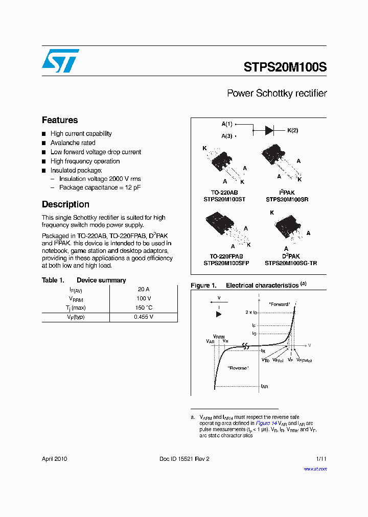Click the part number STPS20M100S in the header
(285, 67)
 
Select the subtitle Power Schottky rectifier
(277, 93)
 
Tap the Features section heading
(60, 120)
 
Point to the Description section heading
(65, 204)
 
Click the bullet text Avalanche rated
(73, 143)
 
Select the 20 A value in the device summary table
(144, 289)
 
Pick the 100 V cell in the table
(144, 298)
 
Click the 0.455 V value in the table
(144, 317)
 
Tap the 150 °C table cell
(144, 308)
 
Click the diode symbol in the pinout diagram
(269, 130)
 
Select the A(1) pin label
(227, 124)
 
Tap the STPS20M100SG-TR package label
(291, 263)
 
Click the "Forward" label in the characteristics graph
(279, 304)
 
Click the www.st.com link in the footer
(315, 468)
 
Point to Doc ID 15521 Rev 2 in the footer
(185, 459)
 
